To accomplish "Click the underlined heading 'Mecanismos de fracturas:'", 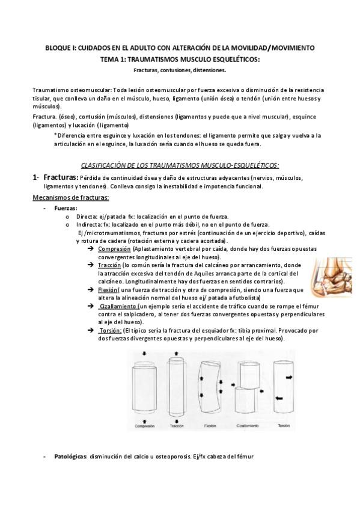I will click(x=70, y=197).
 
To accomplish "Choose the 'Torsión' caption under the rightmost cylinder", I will click(x=284, y=425).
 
